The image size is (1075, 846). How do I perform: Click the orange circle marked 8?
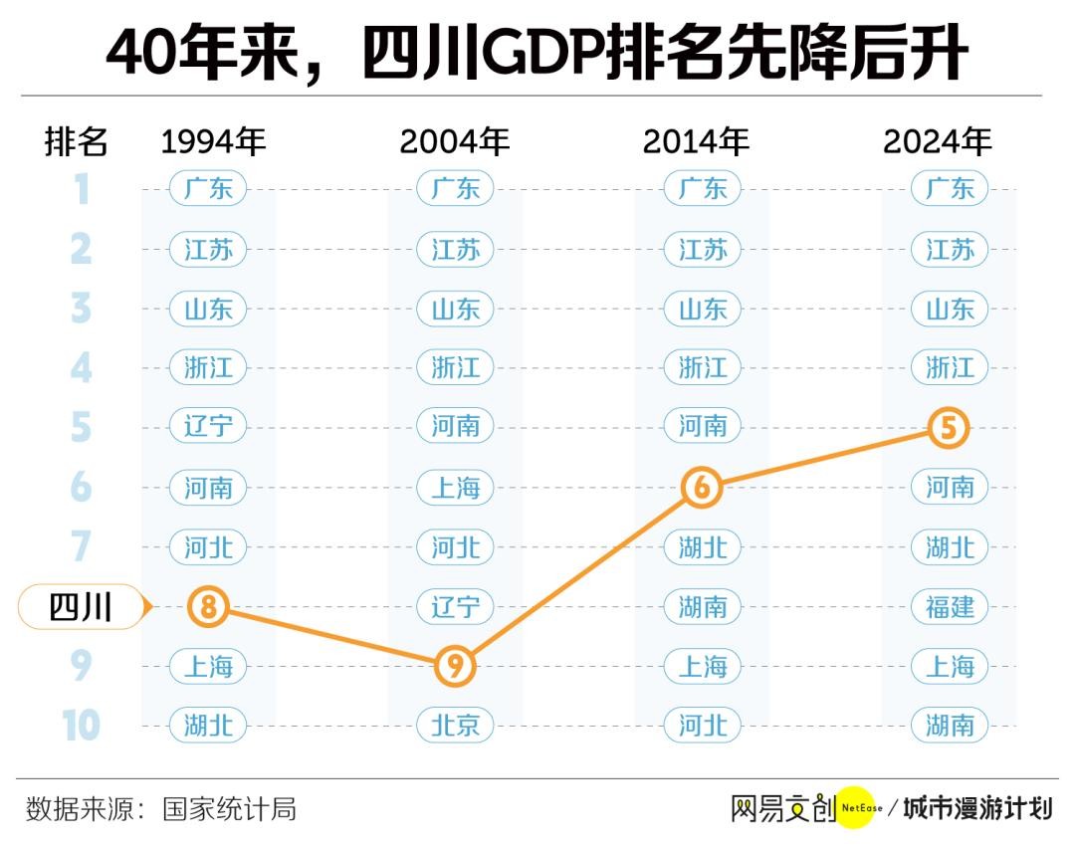[208, 606]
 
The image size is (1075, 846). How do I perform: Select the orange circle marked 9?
[456, 666]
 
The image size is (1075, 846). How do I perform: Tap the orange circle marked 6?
[703, 488]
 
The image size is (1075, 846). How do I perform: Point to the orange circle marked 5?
[949, 428]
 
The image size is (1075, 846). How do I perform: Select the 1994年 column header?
[214, 142]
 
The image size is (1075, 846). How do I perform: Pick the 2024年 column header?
[938, 142]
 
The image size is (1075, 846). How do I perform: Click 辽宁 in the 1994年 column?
[208, 428]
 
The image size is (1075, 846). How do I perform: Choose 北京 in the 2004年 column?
[456, 726]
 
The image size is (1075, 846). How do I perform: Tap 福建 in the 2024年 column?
[950, 606]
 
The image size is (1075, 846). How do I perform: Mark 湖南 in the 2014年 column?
[703, 606]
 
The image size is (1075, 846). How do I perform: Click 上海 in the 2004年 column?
[456, 488]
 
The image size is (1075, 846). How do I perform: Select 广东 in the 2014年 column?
[703, 188]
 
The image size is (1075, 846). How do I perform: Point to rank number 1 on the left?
[82, 188]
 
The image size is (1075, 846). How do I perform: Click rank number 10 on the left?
[82, 726]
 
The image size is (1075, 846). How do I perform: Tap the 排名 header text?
[77, 142]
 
